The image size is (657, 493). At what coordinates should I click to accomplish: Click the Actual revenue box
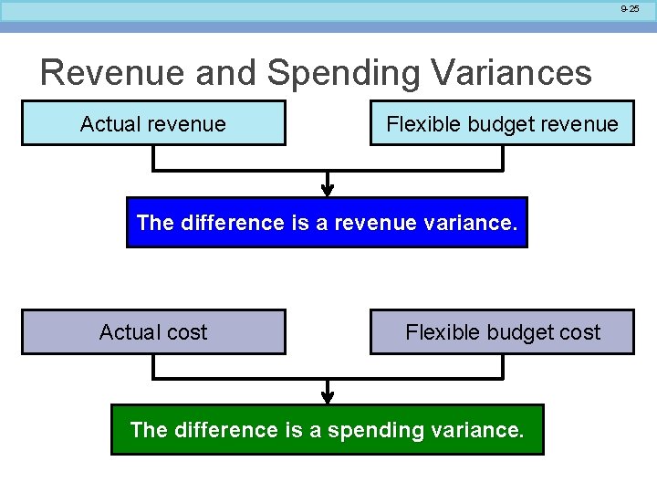tap(153, 123)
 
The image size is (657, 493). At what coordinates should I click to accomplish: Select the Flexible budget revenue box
tap(501, 123)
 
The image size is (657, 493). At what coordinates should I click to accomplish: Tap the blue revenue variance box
tap(327, 223)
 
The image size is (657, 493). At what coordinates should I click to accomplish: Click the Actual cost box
tap(153, 332)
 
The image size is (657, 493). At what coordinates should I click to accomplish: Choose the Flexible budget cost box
tap(501, 332)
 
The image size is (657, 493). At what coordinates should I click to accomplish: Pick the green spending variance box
tap(327, 429)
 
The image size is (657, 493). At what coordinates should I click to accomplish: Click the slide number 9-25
tap(630, 8)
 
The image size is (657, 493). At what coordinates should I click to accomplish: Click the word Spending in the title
tap(326, 73)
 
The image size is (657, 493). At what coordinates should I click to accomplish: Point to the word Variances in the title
tap(506, 73)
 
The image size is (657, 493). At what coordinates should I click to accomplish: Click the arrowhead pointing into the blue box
tap(328, 190)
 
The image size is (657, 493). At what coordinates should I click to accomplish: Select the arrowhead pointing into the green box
tap(328, 397)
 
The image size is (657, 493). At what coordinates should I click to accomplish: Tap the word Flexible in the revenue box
tap(417, 123)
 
